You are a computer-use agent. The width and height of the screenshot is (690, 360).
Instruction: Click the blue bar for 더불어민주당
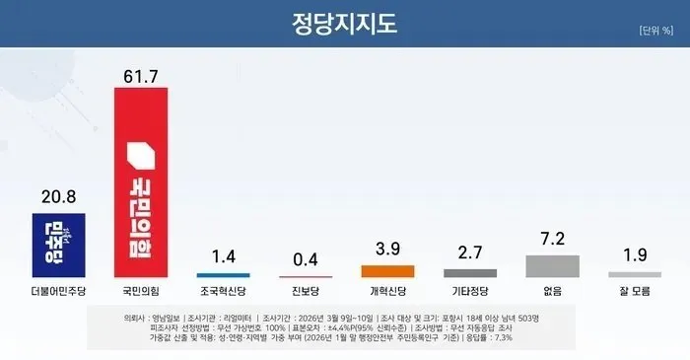point(59,245)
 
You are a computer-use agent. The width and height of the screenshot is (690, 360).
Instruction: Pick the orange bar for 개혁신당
point(388,271)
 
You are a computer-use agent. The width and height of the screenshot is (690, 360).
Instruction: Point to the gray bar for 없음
point(552,266)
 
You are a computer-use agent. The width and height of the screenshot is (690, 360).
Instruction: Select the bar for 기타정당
point(470,273)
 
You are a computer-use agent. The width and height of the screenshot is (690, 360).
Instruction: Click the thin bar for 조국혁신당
point(223,275)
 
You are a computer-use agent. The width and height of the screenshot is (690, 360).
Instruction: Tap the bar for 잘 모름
point(634,274)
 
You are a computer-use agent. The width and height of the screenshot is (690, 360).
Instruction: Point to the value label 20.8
point(59,197)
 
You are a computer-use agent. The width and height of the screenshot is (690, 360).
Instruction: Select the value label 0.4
point(306,260)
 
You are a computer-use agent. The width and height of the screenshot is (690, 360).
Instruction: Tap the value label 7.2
point(552,240)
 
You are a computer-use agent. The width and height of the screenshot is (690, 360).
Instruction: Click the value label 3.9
point(388,251)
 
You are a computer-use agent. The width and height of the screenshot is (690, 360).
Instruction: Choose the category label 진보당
point(306,293)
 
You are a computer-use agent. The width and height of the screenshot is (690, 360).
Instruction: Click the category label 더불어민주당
point(59,293)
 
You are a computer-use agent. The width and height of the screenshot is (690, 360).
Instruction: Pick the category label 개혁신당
point(388,293)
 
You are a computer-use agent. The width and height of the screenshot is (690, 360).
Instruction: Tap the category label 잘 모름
point(634,293)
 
